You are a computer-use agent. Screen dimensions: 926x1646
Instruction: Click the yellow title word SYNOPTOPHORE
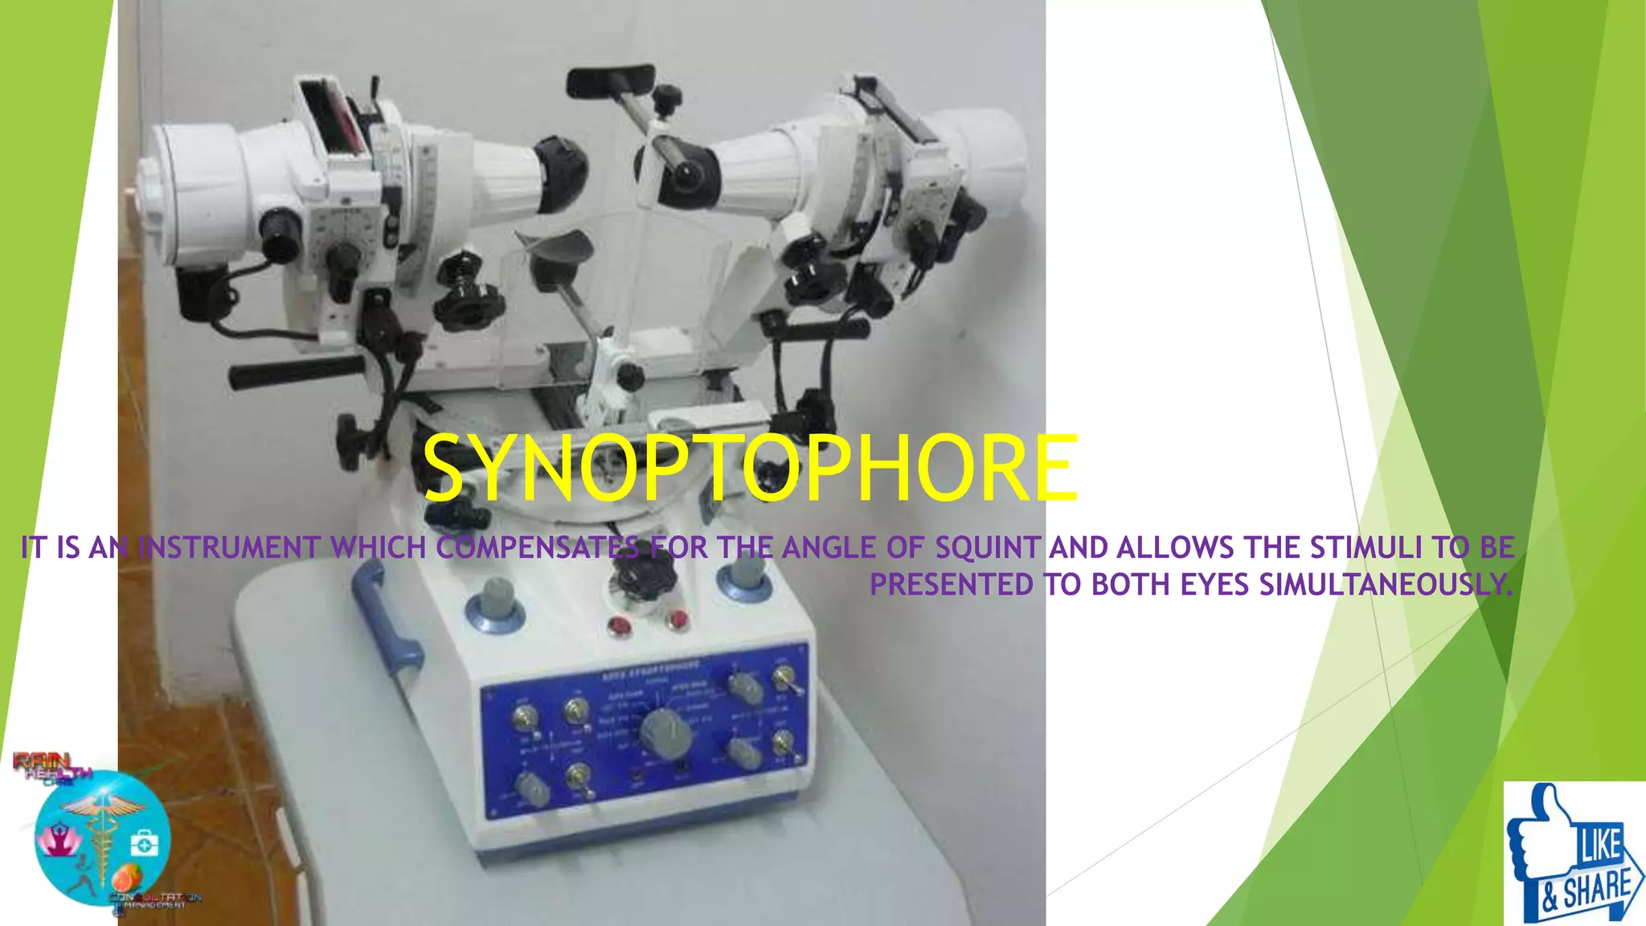pos(749,469)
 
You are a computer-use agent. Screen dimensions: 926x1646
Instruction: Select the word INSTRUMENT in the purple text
pos(229,548)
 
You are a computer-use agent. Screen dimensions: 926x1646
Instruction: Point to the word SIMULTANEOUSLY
pos(1386,585)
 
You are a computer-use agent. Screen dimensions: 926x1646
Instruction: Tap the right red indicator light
pos(678,619)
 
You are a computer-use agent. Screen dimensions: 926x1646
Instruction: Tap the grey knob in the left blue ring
pos(497,598)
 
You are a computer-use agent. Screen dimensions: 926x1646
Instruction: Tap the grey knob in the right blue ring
pos(745,572)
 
